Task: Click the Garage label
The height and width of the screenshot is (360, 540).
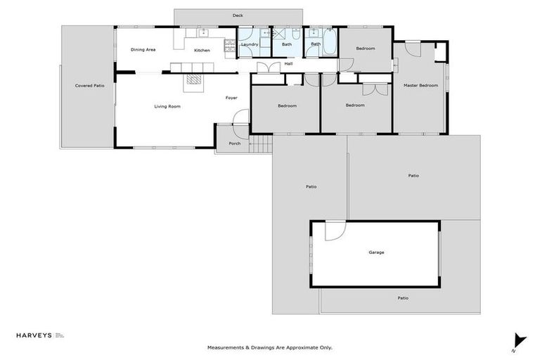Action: point(376,252)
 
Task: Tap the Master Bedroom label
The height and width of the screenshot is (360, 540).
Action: point(420,86)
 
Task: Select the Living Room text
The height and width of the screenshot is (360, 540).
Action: point(167,106)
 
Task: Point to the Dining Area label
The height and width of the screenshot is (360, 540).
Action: point(143,50)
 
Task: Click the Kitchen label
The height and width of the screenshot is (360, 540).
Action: point(202,51)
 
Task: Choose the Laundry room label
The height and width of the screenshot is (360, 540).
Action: point(249,45)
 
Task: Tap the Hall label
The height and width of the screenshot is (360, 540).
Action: point(288,64)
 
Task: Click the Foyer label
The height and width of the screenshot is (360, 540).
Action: point(231,98)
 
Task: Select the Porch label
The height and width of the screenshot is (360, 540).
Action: point(234,143)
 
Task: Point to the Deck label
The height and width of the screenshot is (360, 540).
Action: point(238,15)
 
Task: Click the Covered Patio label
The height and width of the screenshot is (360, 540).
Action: point(89,86)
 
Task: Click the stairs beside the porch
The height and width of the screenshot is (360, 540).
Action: point(261,145)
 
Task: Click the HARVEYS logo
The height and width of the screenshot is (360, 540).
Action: point(34,336)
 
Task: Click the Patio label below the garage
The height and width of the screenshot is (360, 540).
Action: point(402,298)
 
